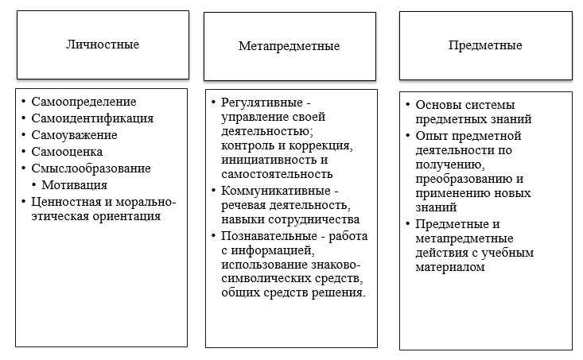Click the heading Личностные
click(102, 45)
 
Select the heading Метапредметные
click(289, 46)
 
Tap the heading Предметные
click(484, 45)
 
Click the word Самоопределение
click(84, 102)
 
